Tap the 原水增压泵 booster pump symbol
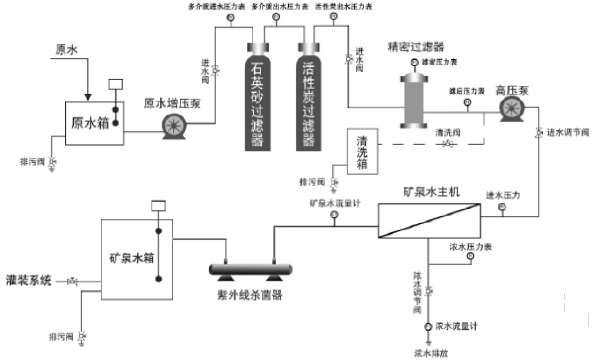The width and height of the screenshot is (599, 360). (174, 126)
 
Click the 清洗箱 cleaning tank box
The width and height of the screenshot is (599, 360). (362, 151)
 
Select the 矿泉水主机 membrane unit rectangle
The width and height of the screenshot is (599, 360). (429, 220)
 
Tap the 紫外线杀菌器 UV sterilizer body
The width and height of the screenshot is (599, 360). (250, 269)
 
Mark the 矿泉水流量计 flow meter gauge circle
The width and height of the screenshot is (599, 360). (334, 215)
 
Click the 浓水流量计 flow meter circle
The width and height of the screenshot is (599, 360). (428, 327)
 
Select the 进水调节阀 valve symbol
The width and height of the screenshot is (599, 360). (539, 133)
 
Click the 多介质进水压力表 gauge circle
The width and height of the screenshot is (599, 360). (230, 18)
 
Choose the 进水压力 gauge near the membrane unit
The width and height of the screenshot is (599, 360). (502, 207)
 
